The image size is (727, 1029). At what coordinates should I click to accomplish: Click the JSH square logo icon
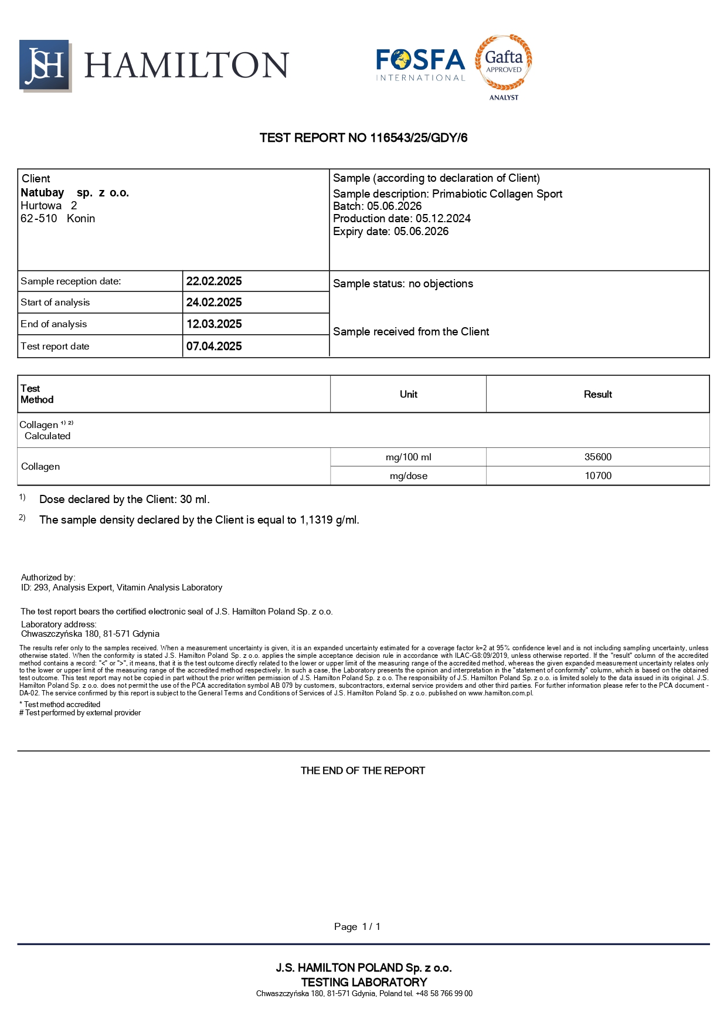(45, 65)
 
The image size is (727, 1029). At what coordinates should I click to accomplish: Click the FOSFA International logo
(420, 64)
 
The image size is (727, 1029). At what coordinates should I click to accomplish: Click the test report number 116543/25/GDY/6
(419, 138)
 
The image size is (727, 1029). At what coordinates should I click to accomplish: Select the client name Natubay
(42, 192)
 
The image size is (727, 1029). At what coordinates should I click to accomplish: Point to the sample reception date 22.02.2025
(214, 281)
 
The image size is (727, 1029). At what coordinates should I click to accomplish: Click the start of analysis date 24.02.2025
(214, 302)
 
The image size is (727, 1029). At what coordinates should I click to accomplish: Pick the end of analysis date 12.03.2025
(214, 324)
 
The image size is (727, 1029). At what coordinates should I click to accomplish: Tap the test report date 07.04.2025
(214, 346)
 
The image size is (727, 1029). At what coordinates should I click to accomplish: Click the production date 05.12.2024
(443, 218)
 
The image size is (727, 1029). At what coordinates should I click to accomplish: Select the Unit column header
(408, 394)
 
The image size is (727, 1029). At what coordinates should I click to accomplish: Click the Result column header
(597, 394)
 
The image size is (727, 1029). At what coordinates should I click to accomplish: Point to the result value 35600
(597, 457)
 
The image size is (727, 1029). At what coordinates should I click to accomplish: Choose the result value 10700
(597, 476)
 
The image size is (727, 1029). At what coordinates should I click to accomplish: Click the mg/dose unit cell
(408, 476)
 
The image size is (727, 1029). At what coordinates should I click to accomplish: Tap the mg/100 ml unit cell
(408, 457)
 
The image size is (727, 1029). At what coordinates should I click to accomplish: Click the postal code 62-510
(39, 218)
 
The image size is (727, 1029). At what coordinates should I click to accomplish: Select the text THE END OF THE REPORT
(362, 770)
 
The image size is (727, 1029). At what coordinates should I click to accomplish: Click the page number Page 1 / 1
(357, 926)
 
